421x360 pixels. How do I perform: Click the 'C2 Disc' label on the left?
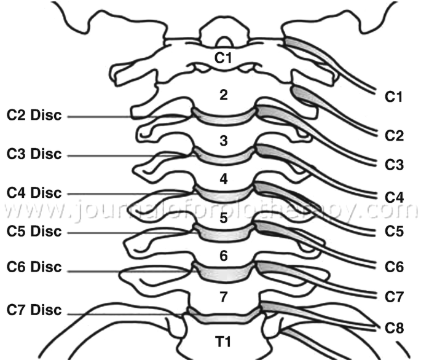(34, 115)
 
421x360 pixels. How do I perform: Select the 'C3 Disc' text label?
(34, 153)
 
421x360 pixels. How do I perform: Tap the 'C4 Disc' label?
(34, 192)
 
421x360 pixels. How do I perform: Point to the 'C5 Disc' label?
(34, 232)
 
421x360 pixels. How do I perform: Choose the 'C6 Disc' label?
(34, 267)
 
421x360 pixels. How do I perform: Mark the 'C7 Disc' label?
(34, 310)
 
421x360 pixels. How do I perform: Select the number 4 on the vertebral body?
(224, 179)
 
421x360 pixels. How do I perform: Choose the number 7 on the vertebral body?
(224, 297)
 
